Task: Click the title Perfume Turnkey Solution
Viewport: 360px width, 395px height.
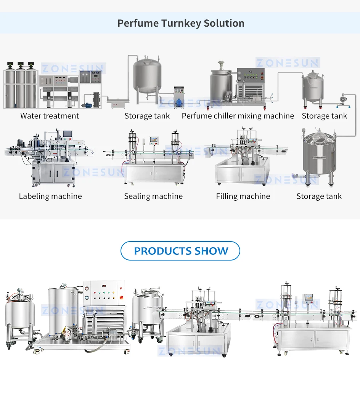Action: pos(180,23)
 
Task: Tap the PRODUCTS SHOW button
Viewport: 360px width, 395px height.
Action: pos(180,251)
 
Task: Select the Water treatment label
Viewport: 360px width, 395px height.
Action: pos(50,116)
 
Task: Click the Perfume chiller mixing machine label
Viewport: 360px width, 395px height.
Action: pos(238,116)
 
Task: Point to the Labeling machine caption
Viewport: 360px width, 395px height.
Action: pos(50,197)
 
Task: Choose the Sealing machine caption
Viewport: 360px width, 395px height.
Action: pos(153,197)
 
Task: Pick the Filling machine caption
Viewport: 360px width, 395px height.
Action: pos(243,197)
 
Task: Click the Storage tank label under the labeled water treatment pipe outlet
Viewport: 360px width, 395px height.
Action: pos(147,116)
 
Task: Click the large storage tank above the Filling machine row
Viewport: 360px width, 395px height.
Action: pos(317,154)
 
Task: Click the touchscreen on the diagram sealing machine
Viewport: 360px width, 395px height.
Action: pos(154,139)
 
